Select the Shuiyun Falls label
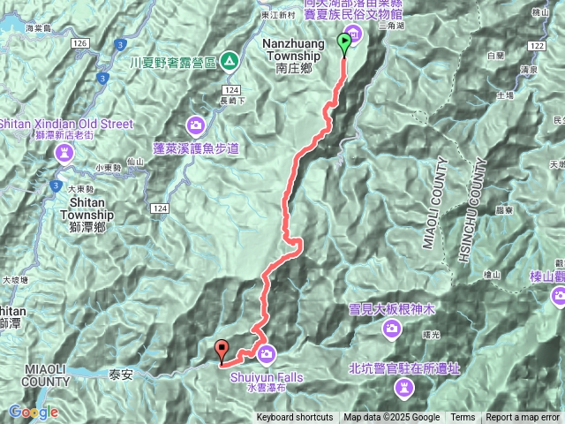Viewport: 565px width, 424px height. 266,376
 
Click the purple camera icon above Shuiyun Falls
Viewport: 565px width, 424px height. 267,354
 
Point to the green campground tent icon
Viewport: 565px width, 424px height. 230,61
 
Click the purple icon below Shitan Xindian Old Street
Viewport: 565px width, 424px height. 64,154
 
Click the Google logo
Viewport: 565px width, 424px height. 34,412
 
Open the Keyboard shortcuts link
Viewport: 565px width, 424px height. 295,418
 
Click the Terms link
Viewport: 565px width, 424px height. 463,418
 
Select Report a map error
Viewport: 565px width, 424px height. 524,418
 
